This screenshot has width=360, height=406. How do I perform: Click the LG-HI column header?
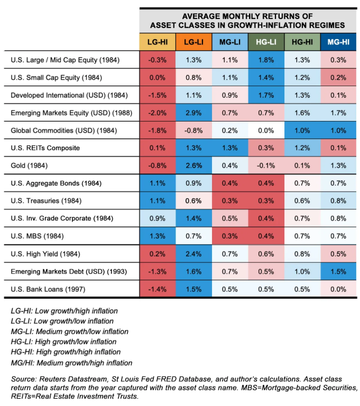click(157, 42)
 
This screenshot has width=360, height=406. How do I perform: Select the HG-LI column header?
click(265, 42)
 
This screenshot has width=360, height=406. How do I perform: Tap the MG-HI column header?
click(337, 42)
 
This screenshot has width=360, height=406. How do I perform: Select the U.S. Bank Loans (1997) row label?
click(44, 289)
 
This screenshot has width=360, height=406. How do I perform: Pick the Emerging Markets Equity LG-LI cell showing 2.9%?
click(193, 113)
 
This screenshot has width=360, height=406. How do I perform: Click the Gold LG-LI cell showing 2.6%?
click(193, 165)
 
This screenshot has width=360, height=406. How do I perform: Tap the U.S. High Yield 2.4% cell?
click(193, 253)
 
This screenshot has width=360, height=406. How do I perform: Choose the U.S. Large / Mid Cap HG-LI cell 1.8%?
click(265, 60)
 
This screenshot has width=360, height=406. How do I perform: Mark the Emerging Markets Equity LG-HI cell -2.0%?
click(157, 113)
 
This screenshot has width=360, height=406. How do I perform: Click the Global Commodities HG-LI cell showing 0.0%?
click(265, 130)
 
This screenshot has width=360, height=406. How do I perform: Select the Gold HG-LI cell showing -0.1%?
click(265, 165)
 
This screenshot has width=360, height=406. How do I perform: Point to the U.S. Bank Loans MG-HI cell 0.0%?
click(337, 289)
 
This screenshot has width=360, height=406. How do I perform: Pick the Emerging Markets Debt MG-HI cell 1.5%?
click(337, 271)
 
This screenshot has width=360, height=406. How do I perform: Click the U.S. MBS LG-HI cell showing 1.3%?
click(157, 236)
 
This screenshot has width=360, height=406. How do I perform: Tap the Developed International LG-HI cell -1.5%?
click(157, 95)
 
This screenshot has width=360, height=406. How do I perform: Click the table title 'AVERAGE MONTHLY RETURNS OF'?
click(247, 15)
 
